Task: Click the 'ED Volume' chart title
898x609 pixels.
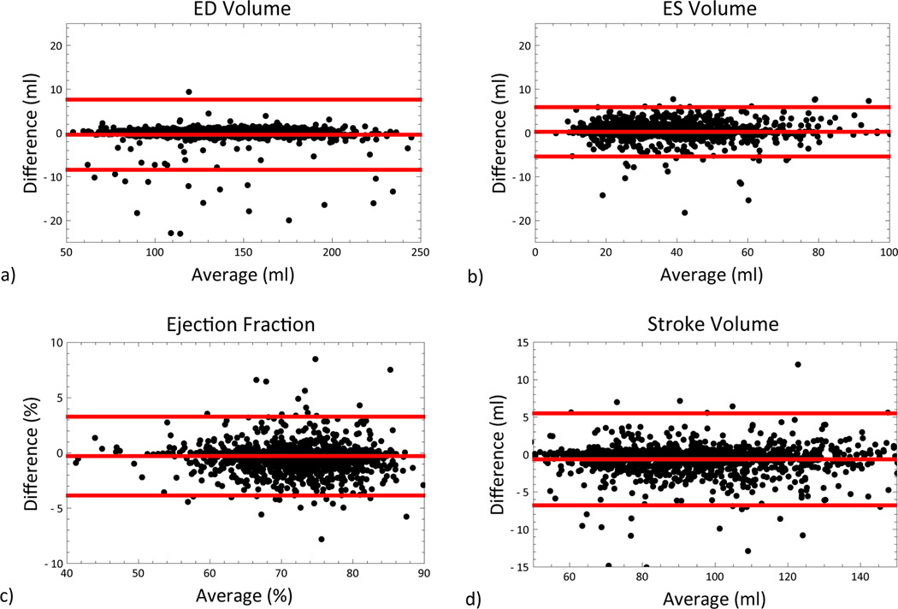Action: click(x=245, y=10)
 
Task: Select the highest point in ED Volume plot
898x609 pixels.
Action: click(x=189, y=92)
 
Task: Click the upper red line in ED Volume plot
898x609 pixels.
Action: click(x=245, y=99)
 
